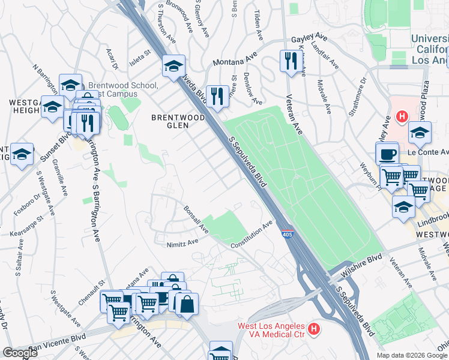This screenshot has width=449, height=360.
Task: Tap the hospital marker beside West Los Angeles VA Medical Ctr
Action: pos(313,328)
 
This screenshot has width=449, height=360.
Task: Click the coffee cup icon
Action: pos(388,154)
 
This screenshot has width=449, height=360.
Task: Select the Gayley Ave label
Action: pos(307,39)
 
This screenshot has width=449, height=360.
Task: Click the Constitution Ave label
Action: pos(253,235)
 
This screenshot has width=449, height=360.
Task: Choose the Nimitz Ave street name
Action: pos(182,242)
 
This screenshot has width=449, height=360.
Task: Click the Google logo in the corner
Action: pos(20,353)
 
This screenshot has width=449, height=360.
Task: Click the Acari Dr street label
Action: pos(110,59)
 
